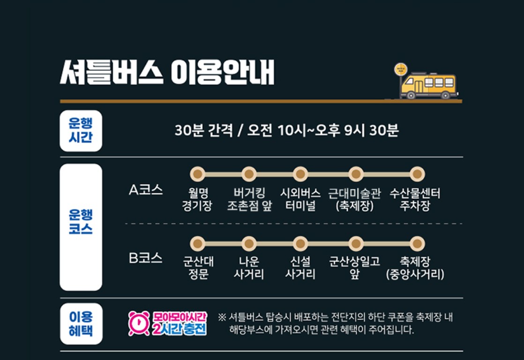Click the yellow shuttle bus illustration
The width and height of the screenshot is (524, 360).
coord(429,86)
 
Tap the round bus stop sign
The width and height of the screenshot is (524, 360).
coord(401,69)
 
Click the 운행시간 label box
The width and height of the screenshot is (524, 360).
coord(81,131)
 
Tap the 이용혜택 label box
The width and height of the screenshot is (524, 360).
coord(81,324)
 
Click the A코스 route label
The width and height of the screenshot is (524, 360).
coord(146,190)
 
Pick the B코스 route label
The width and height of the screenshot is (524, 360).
coord(146,258)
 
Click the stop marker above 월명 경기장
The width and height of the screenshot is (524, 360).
coord(197,174)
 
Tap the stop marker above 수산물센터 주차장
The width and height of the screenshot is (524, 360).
coord(417,174)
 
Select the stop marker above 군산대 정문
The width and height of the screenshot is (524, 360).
coord(197,244)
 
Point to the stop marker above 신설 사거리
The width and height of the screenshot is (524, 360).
coord(300,244)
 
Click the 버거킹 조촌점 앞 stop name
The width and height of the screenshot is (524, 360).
coord(249,200)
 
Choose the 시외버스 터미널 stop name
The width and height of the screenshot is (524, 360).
coord(300,200)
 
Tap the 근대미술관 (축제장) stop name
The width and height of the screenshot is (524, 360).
coord(355,200)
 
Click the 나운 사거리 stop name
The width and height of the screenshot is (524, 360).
coord(249,268)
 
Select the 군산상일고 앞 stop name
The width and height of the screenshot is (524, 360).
coord(355,268)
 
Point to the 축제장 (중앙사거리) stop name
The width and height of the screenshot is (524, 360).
coord(415,268)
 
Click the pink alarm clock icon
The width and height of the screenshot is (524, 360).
coord(139,323)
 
